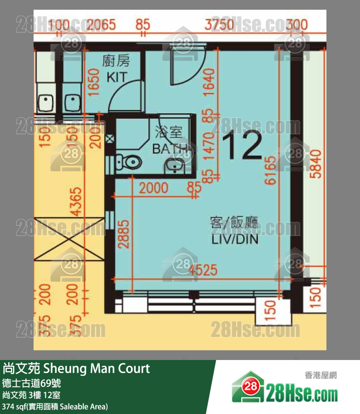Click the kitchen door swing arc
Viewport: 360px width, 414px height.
click(124, 95)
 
